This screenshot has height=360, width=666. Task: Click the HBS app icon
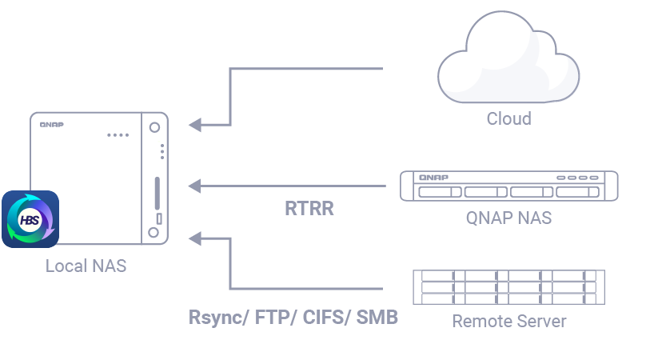[30, 218]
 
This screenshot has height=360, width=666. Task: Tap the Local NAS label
[86, 266]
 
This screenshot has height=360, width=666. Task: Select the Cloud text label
[508, 119]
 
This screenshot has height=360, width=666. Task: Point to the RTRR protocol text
[309, 209]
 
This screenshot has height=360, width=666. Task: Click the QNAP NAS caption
[508, 217]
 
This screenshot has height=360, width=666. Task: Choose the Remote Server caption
[508, 322]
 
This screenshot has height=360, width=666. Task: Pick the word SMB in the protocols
[377, 318]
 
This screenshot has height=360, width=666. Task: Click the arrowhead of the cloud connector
[195, 125]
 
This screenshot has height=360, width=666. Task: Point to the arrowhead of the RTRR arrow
[195, 186]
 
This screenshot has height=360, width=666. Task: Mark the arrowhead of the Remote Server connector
[195, 237]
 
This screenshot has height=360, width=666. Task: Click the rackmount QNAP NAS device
[508, 186]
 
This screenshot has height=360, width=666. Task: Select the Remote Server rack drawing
[508, 286]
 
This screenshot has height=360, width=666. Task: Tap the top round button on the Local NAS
[154, 126]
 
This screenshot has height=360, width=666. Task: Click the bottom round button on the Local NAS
[154, 233]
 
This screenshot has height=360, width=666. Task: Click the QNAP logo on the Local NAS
[52, 124]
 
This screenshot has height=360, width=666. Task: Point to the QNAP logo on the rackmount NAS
[433, 177]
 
